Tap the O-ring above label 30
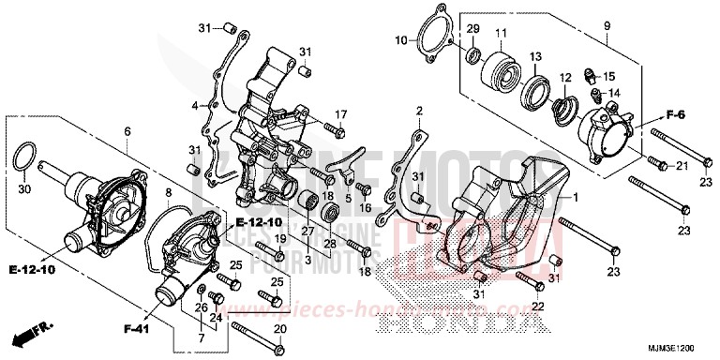tap(26, 156)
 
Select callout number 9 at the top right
tap(607, 24)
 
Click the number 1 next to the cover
tap(575, 198)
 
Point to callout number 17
tap(341, 114)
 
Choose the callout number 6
tap(127, 133)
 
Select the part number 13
tap(537, 58)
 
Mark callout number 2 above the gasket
tap(419, 111)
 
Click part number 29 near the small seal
tap(472, 30)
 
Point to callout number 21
tap(682, 166)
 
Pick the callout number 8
tap(169, 192)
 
